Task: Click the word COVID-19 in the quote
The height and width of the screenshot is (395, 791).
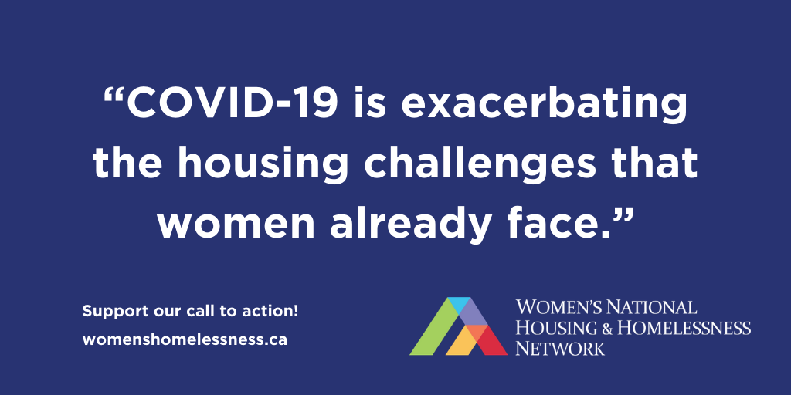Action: coord(234,104)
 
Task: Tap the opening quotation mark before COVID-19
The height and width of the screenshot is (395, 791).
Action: coord(114,96)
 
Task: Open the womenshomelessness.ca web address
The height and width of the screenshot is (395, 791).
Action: coord(185,339)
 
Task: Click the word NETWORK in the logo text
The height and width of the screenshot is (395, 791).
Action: coord(560,348)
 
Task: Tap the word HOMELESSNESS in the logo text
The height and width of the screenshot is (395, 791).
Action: coord(684,329)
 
